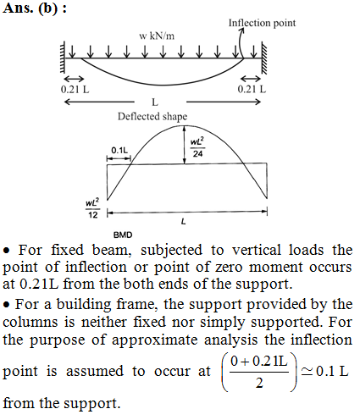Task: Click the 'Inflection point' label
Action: (x=262, y=23)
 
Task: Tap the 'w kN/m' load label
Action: (x=157, y=36)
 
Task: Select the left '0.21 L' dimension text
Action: (x=75, y=90)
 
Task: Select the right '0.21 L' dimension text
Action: (x=252, y=89)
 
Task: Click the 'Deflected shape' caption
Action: (x=152, y=116)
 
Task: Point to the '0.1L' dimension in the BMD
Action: (x=119, y=150)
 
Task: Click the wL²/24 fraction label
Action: (x=197, y=147)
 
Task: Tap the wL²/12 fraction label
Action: (x=92, y=208)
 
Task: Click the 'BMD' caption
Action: (x=123, y=235)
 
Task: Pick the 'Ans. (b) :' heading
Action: (x=35, y=8)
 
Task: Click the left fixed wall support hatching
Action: (x=63, y=58)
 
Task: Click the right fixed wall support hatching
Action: (x=264, y=58)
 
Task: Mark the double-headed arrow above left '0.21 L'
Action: (x=74, y=78)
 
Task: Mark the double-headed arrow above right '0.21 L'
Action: (x=251, y=78)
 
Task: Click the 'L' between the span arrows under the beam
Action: (x=155, y=102)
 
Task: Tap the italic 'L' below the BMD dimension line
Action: (x=184, y=222)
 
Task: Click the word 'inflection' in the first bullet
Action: (x=96, y=267)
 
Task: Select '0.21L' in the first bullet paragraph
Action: (x=39, y=284)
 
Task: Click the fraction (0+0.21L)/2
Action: (x=259, y=372)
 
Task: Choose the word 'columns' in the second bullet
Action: (x=30, y=322)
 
